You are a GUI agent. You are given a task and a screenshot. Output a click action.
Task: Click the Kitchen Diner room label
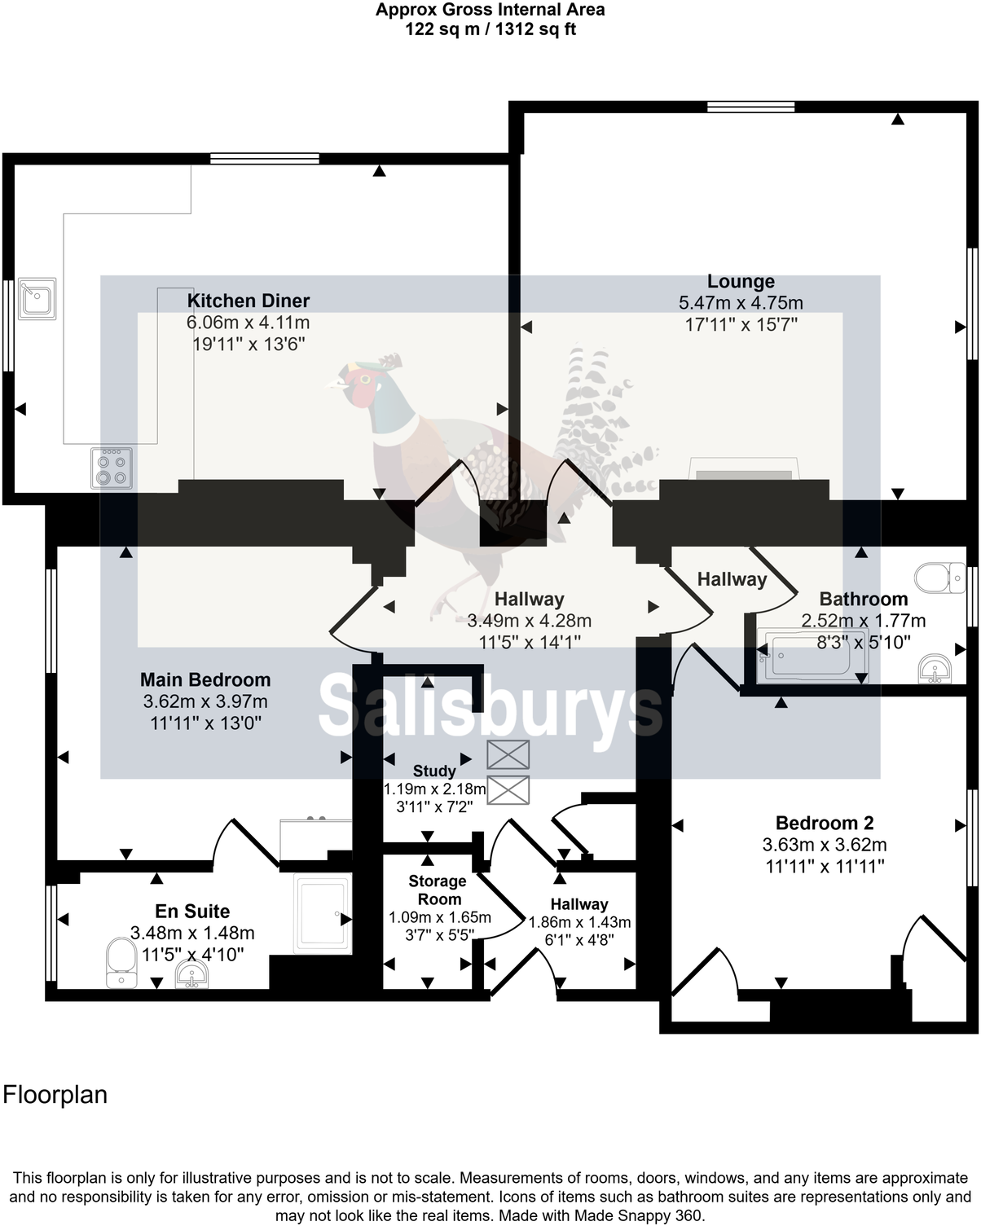tap(248, 301)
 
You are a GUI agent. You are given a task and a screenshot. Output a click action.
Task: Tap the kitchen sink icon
tap(37, 297)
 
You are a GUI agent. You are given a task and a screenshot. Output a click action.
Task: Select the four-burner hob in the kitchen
tap(112, 468)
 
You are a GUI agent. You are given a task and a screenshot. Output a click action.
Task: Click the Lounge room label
tap(741, 282)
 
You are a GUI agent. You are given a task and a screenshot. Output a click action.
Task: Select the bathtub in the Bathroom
tap(811, 655)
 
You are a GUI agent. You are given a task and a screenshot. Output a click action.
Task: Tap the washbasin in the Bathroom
tap(934, 669)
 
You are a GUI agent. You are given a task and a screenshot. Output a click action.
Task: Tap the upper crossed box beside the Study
tap(508, 755)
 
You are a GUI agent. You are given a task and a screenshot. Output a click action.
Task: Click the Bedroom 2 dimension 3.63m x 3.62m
tap(825, 845)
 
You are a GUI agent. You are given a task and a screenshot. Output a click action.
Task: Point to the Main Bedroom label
tap(205, 679)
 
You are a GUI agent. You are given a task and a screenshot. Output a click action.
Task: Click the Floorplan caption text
tap(55, 1094)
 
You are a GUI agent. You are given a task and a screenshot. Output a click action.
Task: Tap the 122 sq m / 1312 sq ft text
tap(490, 29)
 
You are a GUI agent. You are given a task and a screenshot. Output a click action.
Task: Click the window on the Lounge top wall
tap(750, 107)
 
